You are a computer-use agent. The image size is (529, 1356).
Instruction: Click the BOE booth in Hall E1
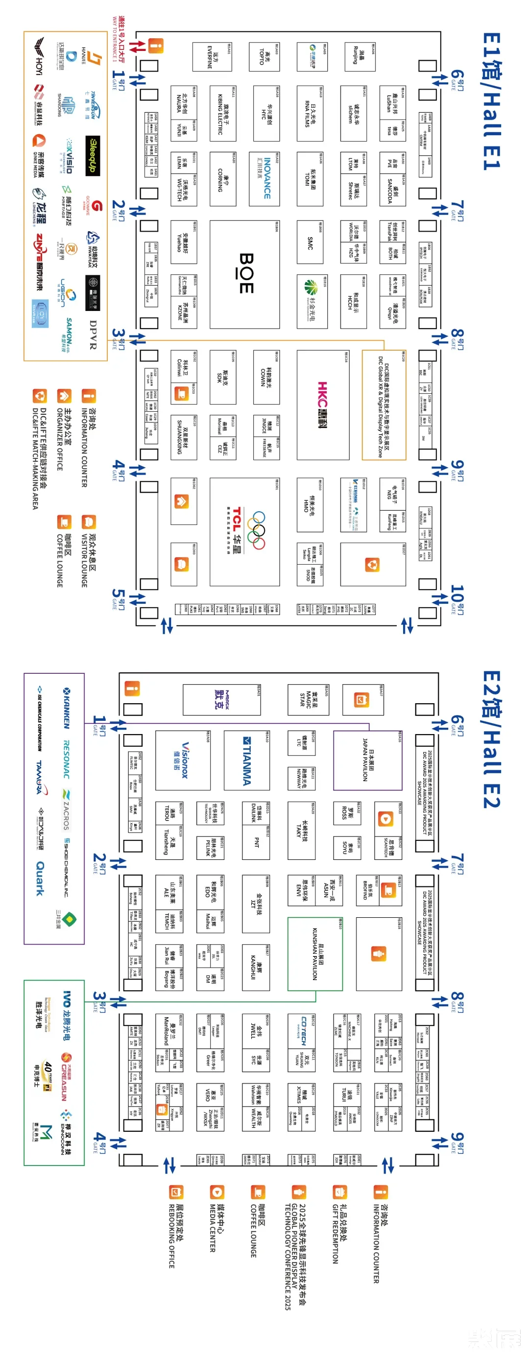(x=245, y=273)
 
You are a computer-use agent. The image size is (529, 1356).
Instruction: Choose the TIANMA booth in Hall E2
(x=246, y=761)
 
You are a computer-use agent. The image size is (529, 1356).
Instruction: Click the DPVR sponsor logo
(x=93, y=335)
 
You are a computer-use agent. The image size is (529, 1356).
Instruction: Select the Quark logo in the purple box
(x=40, y=878)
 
